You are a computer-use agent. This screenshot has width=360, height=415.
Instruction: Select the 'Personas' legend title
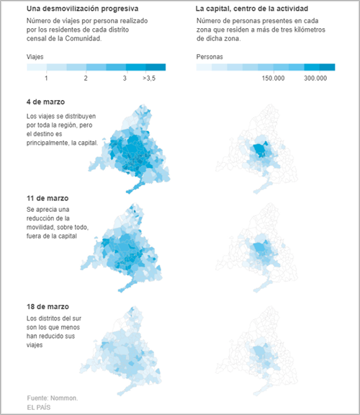tap(211, 55)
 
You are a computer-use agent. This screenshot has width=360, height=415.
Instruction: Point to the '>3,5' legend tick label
tap(150, 77)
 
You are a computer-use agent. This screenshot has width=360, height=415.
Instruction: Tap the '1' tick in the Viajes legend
tap(46, 77)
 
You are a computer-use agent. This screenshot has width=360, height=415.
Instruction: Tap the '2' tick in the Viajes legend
tap(86, 77)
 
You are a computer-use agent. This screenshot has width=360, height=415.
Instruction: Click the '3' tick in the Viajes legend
tap(125, 77)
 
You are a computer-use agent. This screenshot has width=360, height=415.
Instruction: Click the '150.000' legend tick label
tap(276, 77)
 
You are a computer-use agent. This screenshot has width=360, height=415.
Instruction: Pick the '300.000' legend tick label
tap(317, 77)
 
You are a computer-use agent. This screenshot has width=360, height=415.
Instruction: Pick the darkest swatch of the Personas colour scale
tap(326, 67)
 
